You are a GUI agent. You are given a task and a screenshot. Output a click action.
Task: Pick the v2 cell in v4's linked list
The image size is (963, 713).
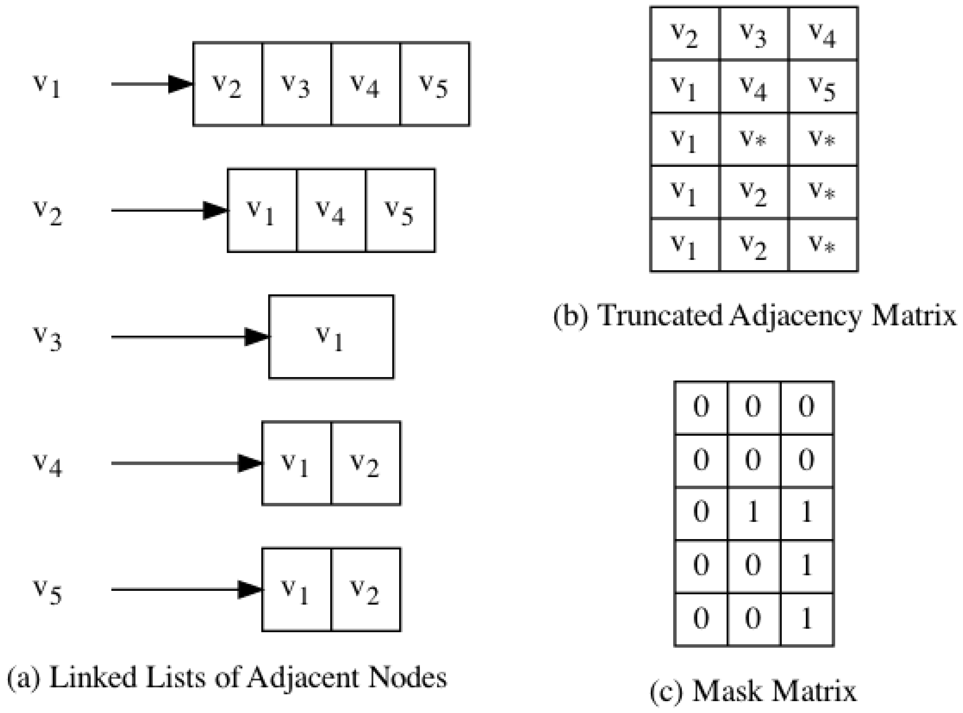(366, 463)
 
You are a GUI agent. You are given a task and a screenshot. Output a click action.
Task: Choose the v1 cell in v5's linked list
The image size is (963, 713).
(296, 590)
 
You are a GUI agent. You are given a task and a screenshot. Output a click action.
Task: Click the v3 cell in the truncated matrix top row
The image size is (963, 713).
(754, 34)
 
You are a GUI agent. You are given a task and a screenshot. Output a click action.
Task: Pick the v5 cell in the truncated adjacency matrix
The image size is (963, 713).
(823, 87)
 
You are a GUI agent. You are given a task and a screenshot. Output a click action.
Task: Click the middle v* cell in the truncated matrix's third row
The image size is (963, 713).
(754, 139)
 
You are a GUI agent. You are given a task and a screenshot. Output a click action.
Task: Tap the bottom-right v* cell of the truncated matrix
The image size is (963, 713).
(823, 245)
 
